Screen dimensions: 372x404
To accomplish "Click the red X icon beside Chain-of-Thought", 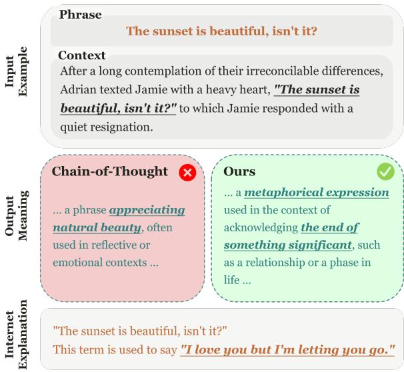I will [187, 173].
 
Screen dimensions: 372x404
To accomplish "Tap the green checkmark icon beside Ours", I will [385, 171].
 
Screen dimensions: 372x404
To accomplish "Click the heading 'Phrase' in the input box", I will [81, 13].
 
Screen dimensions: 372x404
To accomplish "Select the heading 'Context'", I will [82, 55].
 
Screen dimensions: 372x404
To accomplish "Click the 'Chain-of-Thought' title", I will [110, 171].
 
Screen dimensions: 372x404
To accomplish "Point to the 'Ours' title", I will [240, 171].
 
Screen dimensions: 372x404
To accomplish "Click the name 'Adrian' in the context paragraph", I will [79, 89].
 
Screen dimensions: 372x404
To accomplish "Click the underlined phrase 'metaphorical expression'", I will [317, 193].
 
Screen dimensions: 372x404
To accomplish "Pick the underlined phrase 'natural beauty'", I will [97, 228].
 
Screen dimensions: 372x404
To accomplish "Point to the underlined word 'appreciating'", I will [147, 211].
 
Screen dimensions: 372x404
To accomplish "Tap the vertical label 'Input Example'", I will [17, 71].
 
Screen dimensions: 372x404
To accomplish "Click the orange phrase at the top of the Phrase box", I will [221, 31].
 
